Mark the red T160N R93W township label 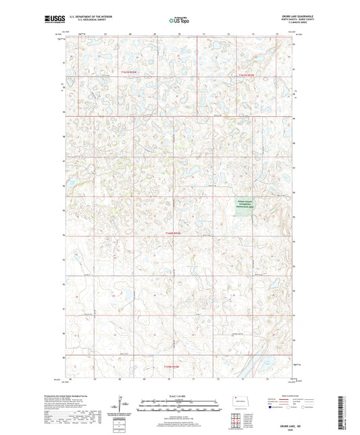pyautogui.click(x=174, y=233)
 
